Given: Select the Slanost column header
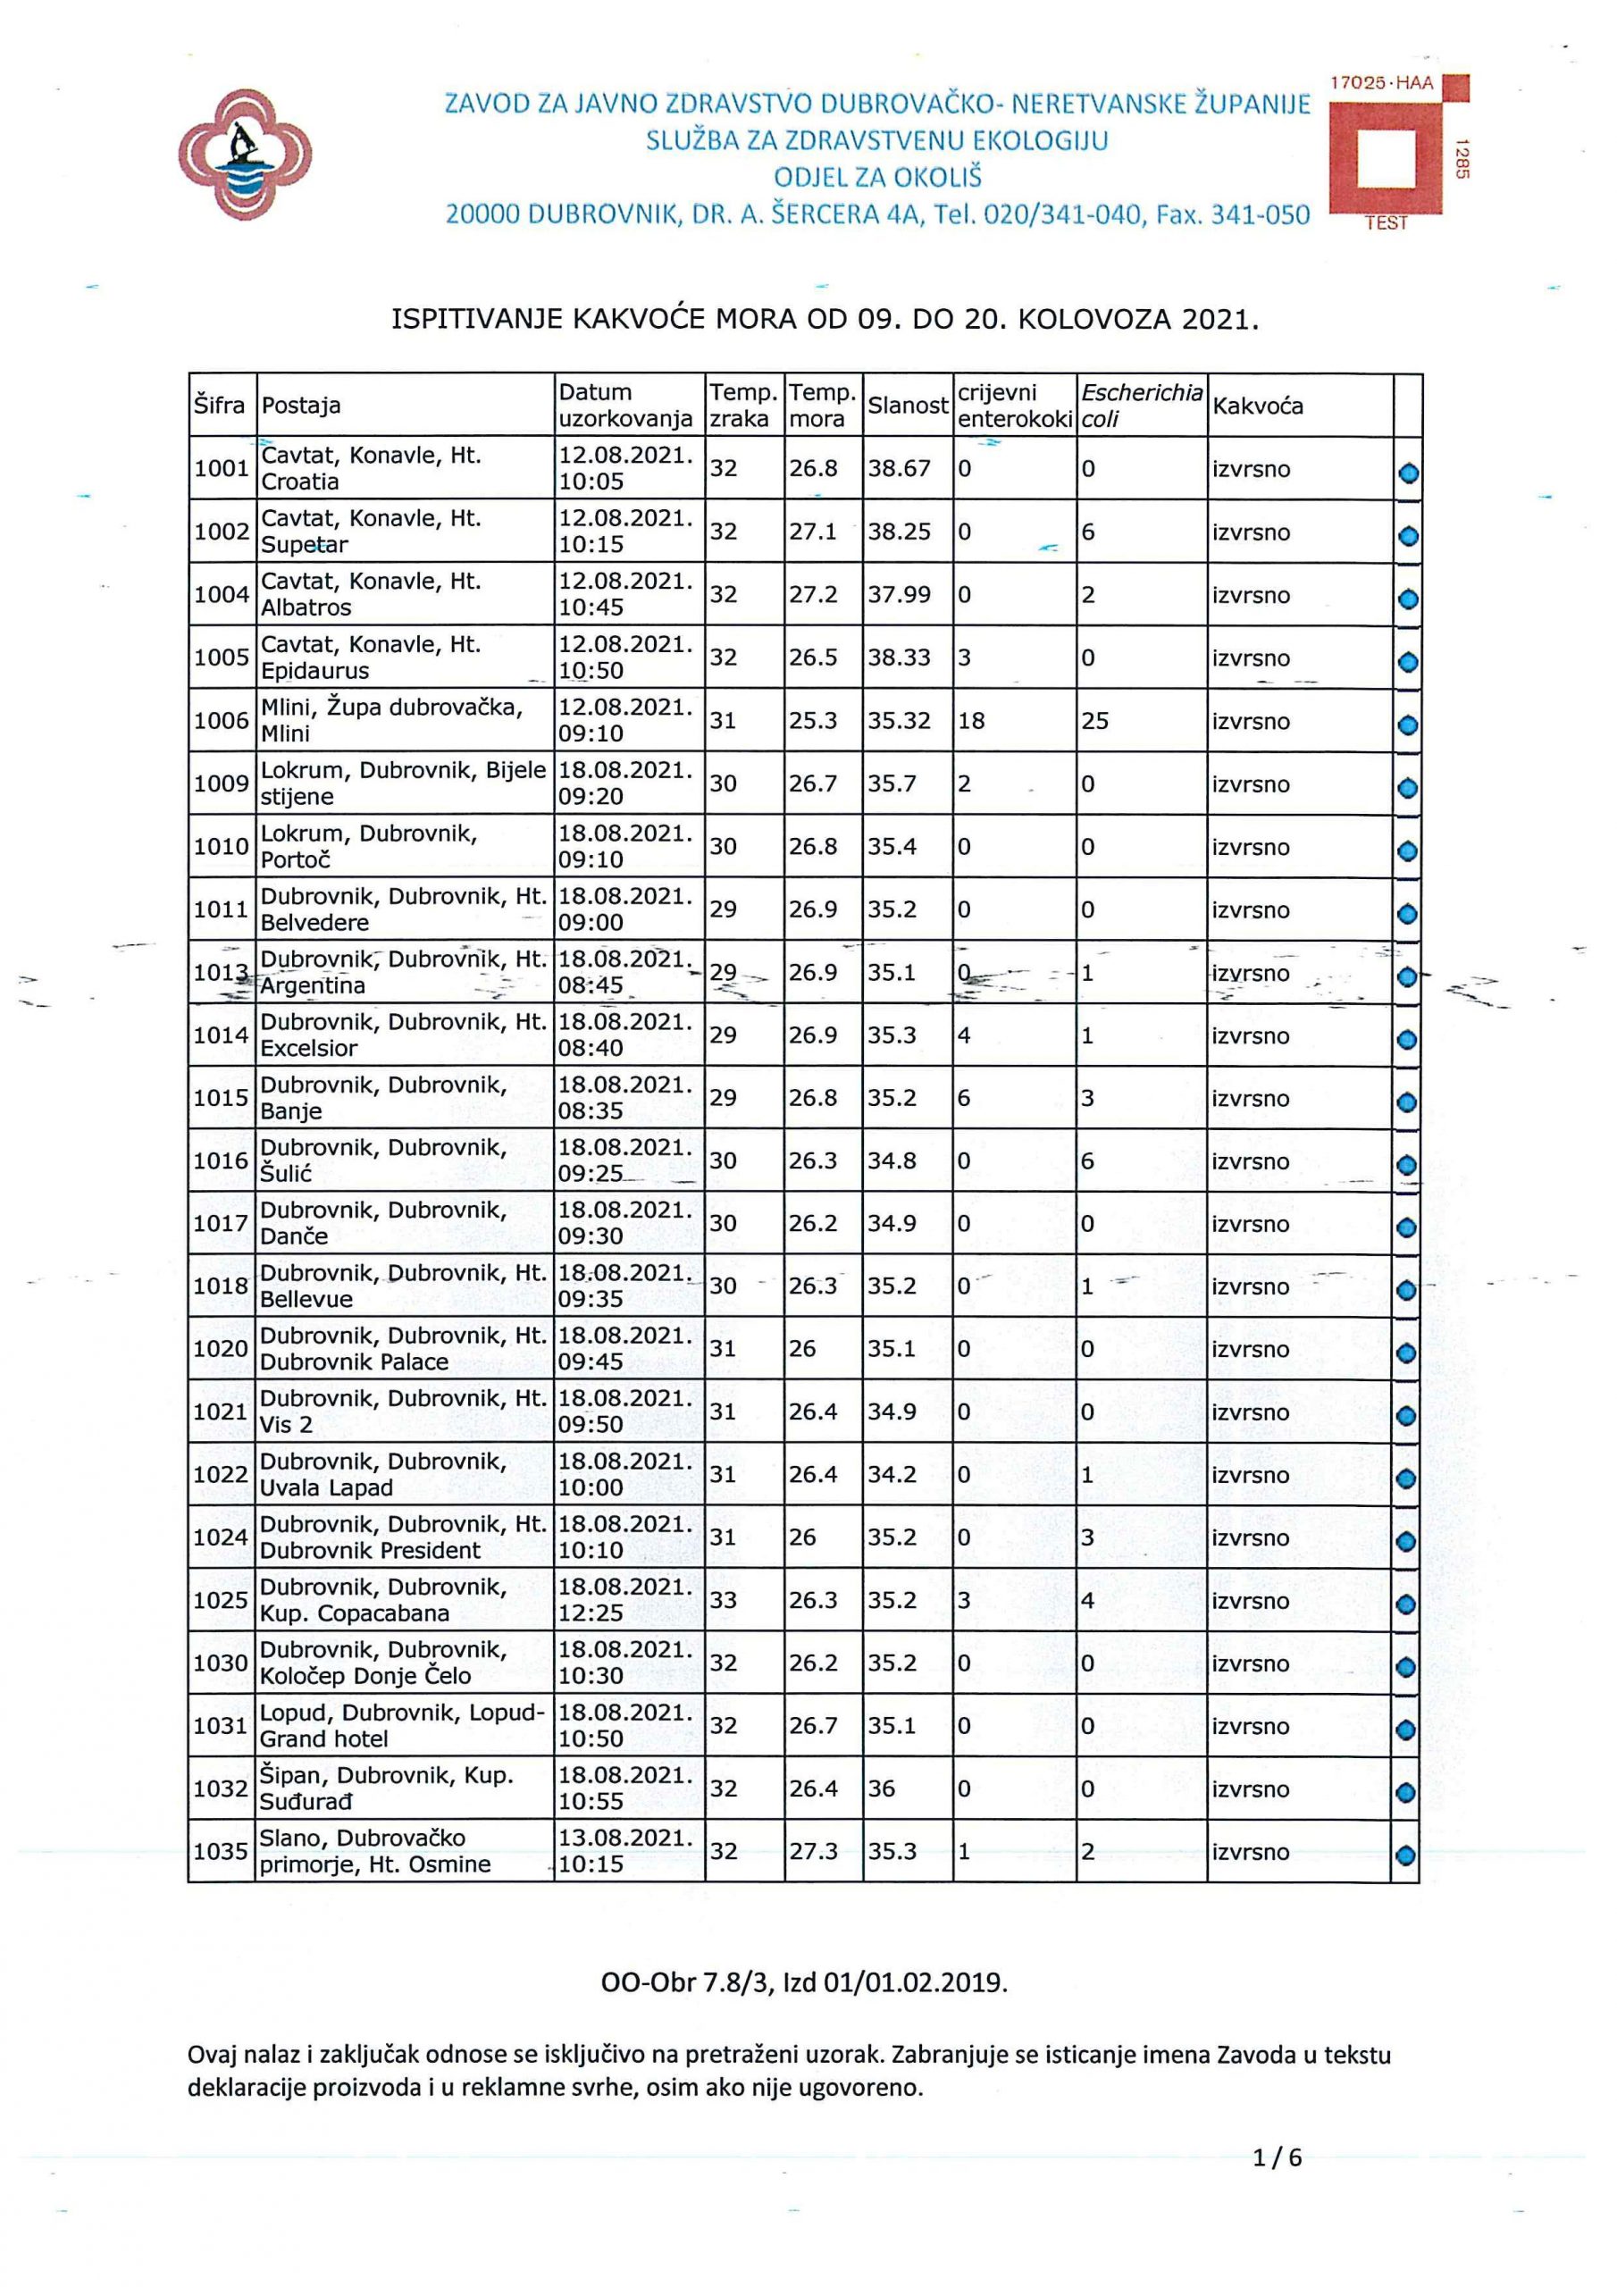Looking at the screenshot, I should coord(907,406).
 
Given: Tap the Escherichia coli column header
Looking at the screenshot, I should coord(1141,406).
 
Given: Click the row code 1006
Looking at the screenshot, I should coord(222,720).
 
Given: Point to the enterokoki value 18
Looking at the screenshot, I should coord(971,720).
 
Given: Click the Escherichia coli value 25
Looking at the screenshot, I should coord(1095,720).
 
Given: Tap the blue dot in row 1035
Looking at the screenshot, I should coord(1406,1856).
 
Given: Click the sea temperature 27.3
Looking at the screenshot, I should coord(813,1851).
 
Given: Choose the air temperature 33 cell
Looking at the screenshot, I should coord(724,1600).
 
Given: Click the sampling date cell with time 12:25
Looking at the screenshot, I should coord(624,1600).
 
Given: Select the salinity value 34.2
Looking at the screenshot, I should coord(892,1474).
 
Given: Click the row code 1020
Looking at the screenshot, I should coord(222,1349).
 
